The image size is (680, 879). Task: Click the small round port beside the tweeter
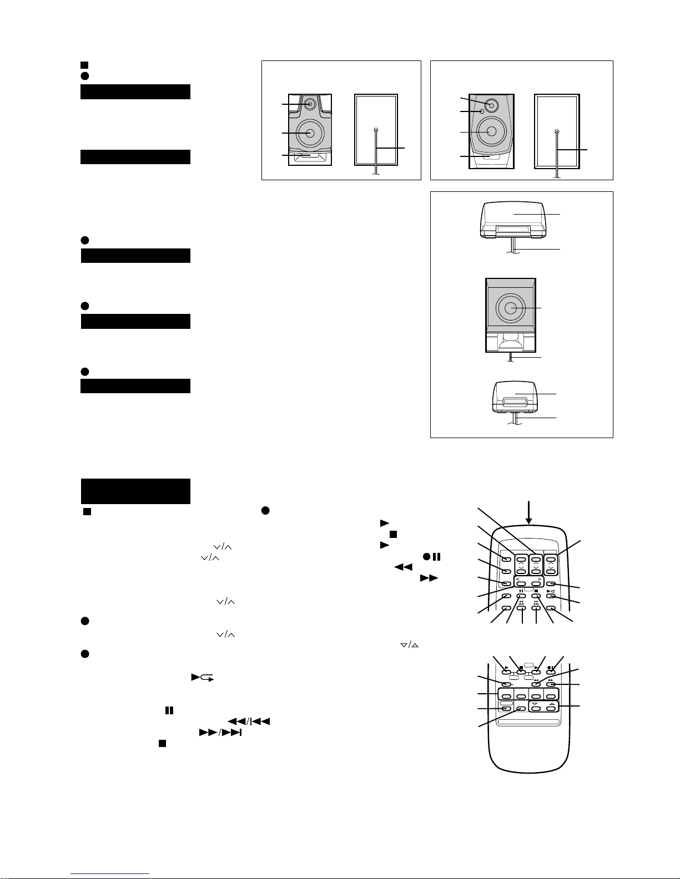click(481, 112)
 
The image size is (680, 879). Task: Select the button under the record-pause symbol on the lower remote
click(551, 673)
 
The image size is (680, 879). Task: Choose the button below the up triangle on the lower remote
click(551, 709)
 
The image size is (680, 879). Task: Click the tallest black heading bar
click(135, 491)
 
